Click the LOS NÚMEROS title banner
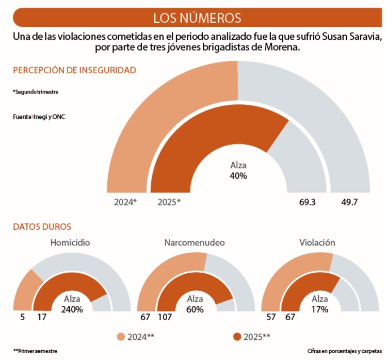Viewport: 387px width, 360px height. pos(197,18)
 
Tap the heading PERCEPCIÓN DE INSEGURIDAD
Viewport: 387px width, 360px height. pos(74,70)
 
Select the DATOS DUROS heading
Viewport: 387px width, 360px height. pos(42,226)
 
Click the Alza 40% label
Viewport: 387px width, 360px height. pos(238,170)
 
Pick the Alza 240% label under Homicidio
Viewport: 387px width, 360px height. pos(72,304)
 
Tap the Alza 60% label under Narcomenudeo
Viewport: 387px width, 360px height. pos(195,304)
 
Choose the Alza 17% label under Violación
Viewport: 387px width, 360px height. pos(320,304)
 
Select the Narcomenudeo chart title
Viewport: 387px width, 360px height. pos(195,242)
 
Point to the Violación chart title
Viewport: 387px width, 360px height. pos(317,242)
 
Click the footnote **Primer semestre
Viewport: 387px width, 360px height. pos(35,351)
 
